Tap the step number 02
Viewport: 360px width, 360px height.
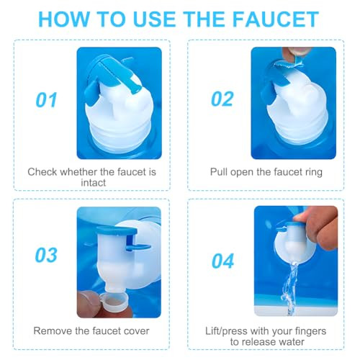pos(222,99)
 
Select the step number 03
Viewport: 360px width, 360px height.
pos(47,257)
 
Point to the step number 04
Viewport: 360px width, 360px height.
pos(222,260)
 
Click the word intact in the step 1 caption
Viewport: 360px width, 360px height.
pos(91,183)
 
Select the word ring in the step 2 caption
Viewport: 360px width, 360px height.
pos(310,172)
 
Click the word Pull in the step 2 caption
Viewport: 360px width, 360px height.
pos(220,172)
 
